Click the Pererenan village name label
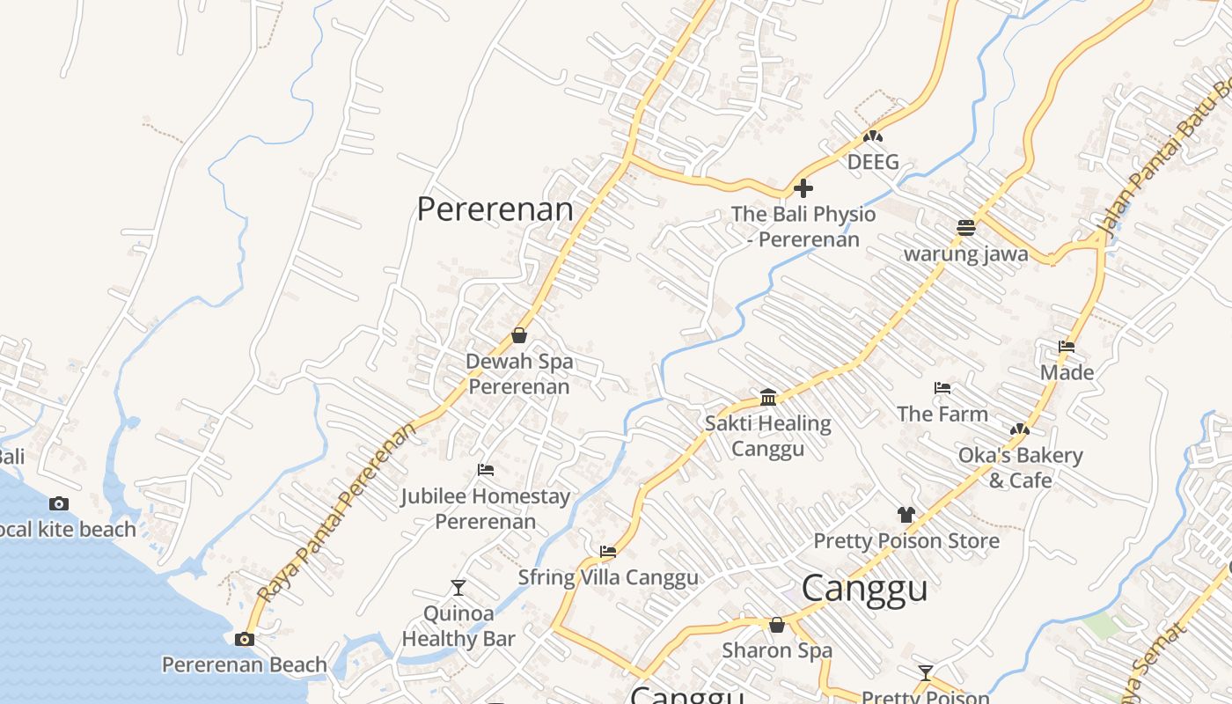495,209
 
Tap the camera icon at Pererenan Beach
245,639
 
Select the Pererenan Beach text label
245,664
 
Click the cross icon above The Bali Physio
803,187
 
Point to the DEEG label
873,162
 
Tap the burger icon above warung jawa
966,228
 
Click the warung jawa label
966,254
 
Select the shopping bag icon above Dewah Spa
519,335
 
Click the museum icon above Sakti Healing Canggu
768,397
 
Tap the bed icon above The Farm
942,388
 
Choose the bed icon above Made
1067,347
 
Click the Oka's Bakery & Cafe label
1021,467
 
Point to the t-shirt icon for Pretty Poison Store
906,514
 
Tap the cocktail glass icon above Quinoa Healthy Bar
458,587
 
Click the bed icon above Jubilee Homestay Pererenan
485,470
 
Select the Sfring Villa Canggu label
608,577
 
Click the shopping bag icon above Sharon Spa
777,625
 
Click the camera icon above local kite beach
59,503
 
